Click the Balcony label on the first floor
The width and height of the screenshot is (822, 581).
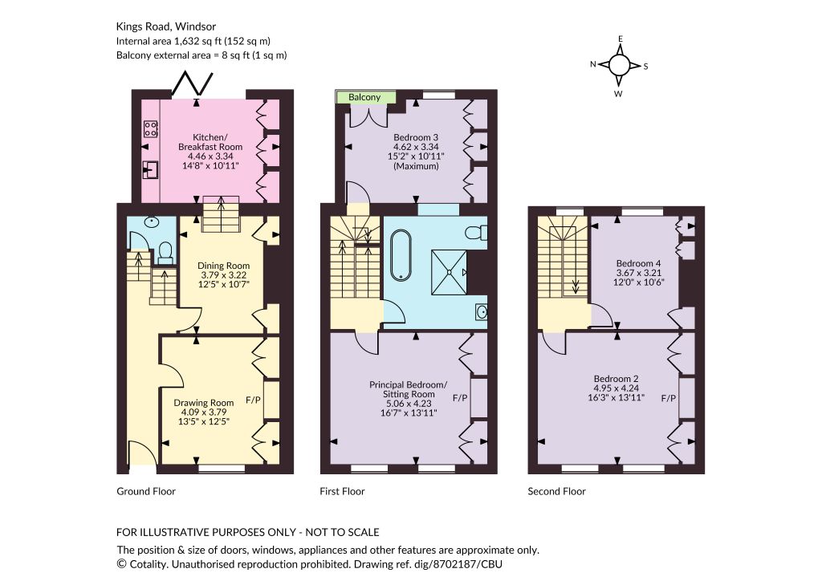click(x=364, y=97)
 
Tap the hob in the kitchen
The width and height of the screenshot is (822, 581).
click(x=150, y=129)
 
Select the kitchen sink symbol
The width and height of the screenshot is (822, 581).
click(x=150, y=169)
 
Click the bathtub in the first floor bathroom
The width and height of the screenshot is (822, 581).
click(x=401, y=254)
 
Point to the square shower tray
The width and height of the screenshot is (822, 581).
click(x=449, y=272)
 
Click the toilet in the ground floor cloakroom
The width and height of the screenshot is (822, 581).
click(x=165, y=253)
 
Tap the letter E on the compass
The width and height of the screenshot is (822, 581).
click(x=621, y=39)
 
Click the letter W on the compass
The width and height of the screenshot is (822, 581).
click(x=619, y=95)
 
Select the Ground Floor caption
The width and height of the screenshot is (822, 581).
click(x=146, y=491)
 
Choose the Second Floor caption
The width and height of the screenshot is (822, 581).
click(x=557, y=491)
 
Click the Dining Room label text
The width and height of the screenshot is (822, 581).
click(x=223, y=266)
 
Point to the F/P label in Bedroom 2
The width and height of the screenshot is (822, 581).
click(x=669, y=399)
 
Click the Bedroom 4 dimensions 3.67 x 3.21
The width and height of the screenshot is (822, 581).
click(x=638, y=273)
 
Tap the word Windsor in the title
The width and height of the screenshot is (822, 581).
click(x=196, y=26)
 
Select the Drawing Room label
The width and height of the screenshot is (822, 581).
click(x=203, y=403)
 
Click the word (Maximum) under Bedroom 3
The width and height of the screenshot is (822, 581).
click(x=416, y=167)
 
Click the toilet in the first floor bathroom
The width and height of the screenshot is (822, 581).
click(x=477, y=233)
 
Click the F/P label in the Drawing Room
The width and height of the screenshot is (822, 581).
click(x=253, y=400)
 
